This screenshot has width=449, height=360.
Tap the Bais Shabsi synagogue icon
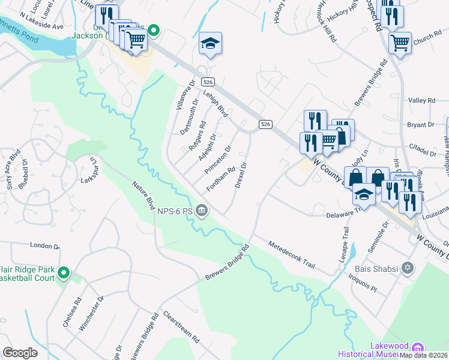pos(408,268)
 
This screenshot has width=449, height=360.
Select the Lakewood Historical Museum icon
pos(418,348)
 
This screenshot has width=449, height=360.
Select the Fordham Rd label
pos(220,180)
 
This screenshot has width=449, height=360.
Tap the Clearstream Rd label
pos(181,326)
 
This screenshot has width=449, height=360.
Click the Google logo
pos(20,353)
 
